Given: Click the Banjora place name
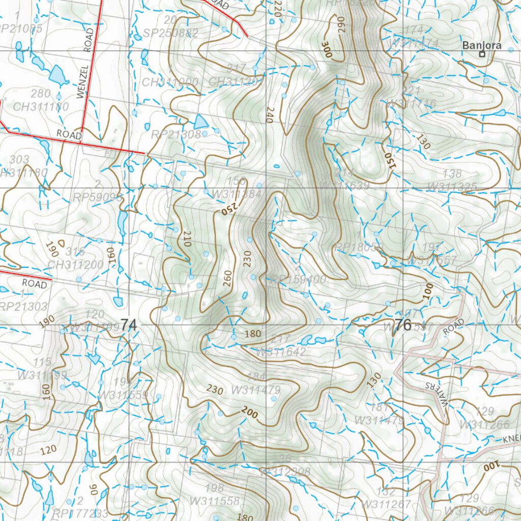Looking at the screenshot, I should pos(481,45).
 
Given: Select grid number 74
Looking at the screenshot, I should pos(129,325).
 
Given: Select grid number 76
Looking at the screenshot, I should pos(402,326).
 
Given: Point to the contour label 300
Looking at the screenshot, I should pos(326,49).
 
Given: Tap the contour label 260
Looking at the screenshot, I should pos(227,278).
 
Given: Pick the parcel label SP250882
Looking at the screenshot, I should pos(170,34).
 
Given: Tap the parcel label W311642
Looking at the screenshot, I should pos(281,352).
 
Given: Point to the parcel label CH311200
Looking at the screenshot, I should pos(75,265).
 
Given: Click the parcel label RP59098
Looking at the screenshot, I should pos(98,197).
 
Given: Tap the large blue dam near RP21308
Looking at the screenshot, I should pos(201,122).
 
